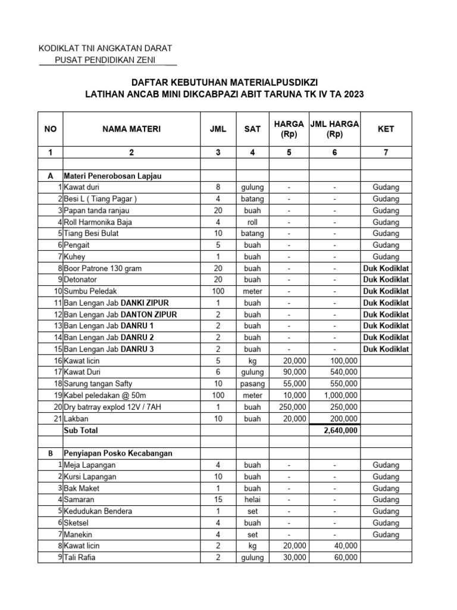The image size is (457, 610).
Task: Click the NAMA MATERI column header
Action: [x=132, y=129]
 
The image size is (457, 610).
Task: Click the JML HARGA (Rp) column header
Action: [x=334, y=129]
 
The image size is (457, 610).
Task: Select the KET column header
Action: [x=386, y=129]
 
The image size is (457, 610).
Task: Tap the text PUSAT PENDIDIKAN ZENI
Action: [x=107, y=60]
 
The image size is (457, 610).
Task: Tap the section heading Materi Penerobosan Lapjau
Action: [x=112, y=176]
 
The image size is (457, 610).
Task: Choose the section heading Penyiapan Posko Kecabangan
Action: [x=118, y=453]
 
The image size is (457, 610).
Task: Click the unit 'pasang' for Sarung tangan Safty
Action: [x=252, y=384]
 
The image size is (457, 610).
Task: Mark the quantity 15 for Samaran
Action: [x=218, y=499]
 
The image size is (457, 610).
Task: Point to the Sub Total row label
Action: [x=81, y=430]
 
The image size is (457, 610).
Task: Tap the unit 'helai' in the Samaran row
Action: [x=252, y=499]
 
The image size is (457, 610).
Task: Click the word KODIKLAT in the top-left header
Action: [x=60, y=48]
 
